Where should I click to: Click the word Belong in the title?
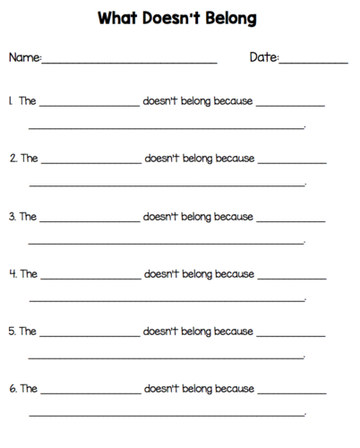tap(232, 18)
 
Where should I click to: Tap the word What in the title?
tap(119, 18)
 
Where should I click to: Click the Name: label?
tap(25, 58)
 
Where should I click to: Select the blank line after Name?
tap(130, 62)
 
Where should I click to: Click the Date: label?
tap(264, 58)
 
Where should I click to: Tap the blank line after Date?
tap(313, 62)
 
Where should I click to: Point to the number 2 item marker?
tap(13, 159)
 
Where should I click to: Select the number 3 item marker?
tap(13, 216)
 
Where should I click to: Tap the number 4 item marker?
tap(13, 273)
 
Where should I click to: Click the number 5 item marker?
tap(13, 331)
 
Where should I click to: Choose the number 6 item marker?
tap(13, 389)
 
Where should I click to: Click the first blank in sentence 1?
tap(90, 105)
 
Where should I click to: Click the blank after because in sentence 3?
tap(291, 220)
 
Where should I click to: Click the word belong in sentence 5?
tap(197, 331)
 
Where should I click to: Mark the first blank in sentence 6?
tap(90, 392)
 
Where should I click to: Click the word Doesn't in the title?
tap(174, 18)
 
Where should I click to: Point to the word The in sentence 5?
tap(29, 331)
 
